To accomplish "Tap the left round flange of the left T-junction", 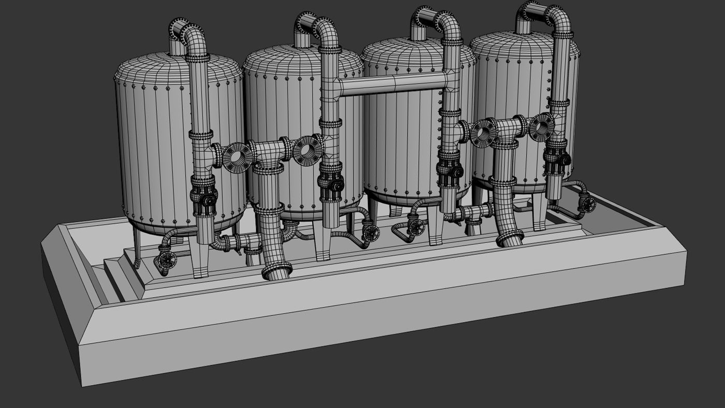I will tap(238, 157).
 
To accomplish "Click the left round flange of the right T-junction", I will tap(483, 133).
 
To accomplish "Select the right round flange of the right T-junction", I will tap(542, 127).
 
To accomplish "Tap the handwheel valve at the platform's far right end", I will tap(587, 205).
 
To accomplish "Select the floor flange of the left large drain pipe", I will tap(277, 270).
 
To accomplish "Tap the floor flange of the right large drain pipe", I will tap(510, 239).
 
